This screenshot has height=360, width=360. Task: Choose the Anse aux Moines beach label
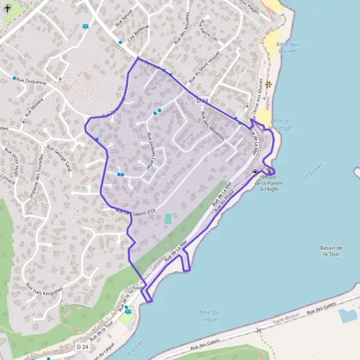click(287, 49)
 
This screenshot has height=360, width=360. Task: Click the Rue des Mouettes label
click(213, 125)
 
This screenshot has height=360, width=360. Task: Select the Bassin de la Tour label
click(332, 251)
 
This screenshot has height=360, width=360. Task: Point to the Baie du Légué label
click(207, 315)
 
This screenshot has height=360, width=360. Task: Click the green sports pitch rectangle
click(167, 219)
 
